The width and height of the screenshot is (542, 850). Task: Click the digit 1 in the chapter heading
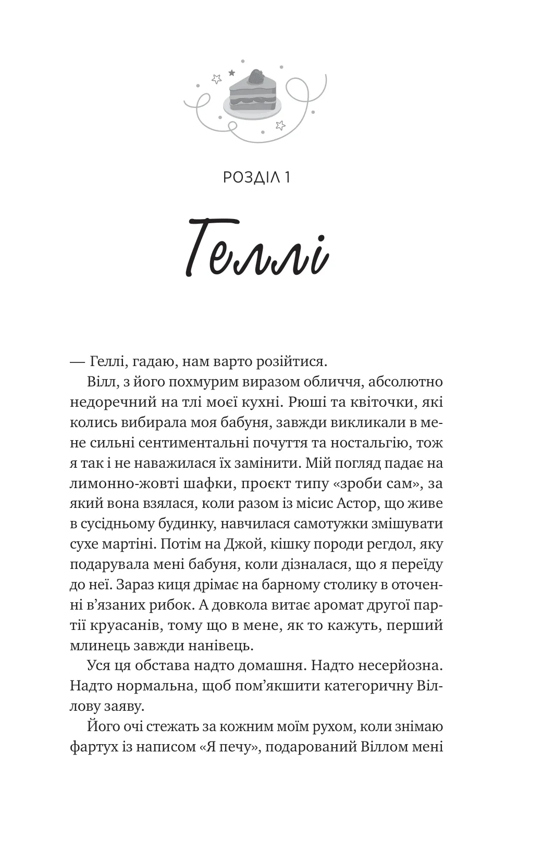click(287, 177)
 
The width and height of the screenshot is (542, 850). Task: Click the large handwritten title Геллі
click(257, 250)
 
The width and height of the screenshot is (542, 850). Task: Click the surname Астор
click(360, 504)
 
